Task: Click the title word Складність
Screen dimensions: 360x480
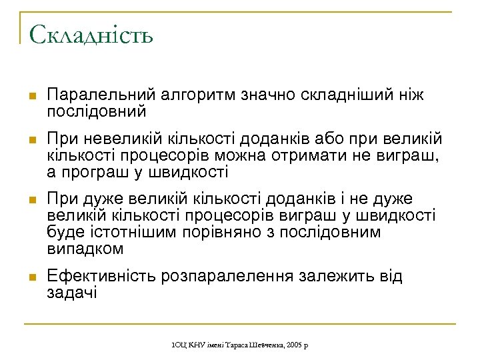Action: pos(91,33)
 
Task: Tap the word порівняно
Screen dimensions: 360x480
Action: pos(225,233)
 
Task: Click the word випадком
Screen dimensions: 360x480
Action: pos(86,249)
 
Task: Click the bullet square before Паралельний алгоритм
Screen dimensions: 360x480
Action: pos(29,97)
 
